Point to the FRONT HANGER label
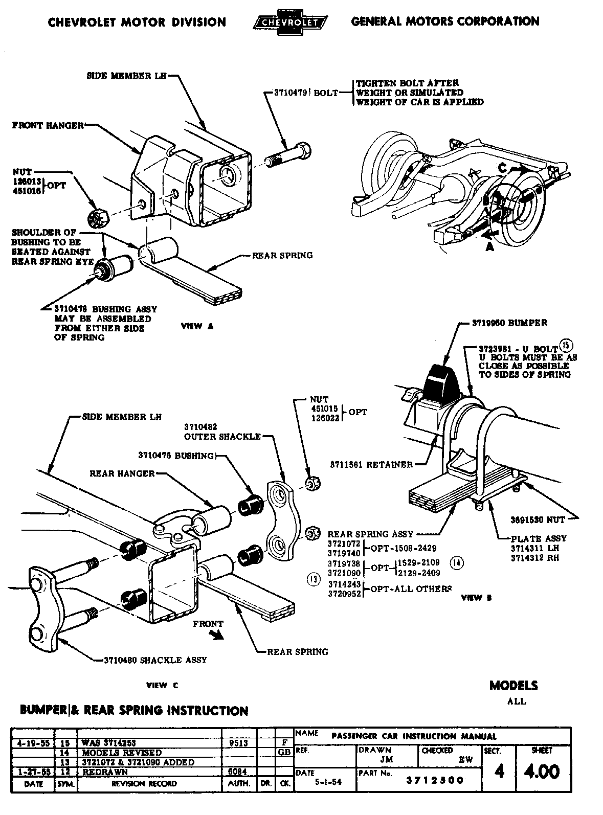(48, 125)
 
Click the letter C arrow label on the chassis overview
(503, 167)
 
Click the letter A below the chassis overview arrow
(489, 246)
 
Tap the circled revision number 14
(456, 562)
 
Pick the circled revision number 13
(313, 579)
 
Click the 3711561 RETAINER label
(371, 465)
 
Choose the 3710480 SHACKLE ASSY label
(155, 660)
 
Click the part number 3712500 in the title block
(435, 780)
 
